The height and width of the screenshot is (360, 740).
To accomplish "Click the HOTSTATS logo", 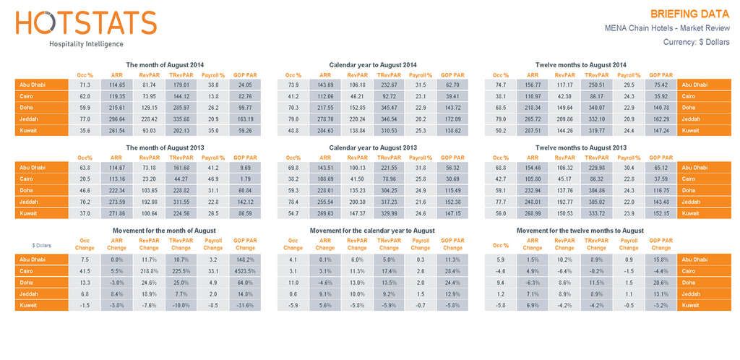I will [x=85, y=24].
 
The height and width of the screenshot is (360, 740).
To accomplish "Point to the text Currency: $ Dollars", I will [x=697, y=42].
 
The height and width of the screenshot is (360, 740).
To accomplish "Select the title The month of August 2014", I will [x=165, y=65].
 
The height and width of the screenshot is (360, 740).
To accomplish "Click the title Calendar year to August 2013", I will [x=372, y=147].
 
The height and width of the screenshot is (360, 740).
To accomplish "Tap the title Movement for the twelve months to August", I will [x=580, y=231].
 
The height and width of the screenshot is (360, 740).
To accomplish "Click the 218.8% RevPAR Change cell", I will [x=149, y=270].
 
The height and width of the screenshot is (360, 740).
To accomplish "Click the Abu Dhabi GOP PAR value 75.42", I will [x=661, y=85].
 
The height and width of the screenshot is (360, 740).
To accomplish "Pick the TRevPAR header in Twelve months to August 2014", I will [x=596, y=74].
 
